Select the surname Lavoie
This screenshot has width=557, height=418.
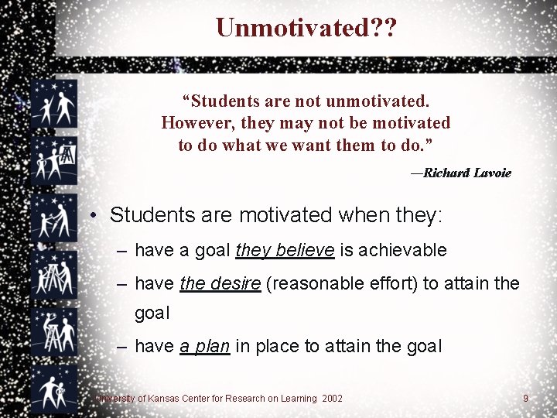[492, 173]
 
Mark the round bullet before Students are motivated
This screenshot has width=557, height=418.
[91, 215]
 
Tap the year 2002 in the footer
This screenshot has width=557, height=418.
[333, 398]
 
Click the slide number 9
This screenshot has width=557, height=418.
[525, 398]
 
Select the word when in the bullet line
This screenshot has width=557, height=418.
[364, 214]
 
